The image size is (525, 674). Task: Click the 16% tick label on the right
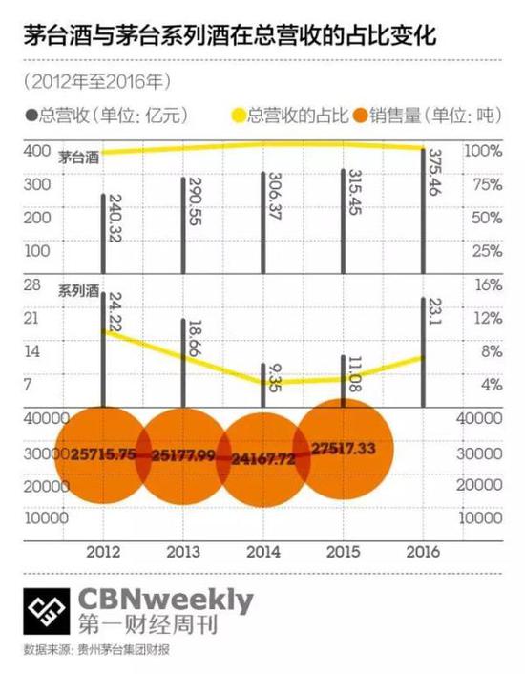[487, 285]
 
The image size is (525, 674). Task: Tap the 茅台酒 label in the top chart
[79, 156]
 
